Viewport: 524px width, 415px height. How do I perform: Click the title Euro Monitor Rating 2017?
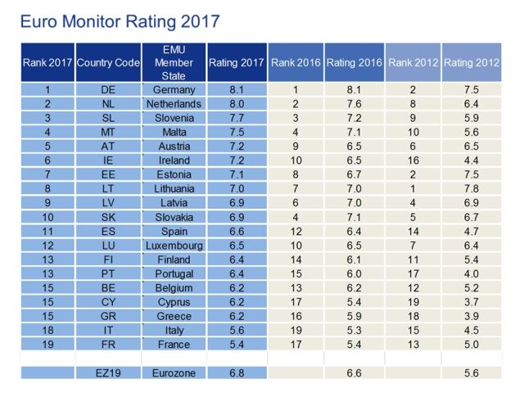(120, 18)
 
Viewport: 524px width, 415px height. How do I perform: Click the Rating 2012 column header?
(471, 63)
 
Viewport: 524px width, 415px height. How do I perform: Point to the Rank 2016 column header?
(296, 63)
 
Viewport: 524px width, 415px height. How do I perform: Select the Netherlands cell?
(174, 104)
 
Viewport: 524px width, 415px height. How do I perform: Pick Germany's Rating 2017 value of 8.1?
(236, 90)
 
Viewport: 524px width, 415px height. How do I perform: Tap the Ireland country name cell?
(174, 160)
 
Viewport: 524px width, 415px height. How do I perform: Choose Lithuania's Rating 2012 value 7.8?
(471, 188)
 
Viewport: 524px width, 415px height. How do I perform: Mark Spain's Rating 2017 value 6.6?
(236, 231)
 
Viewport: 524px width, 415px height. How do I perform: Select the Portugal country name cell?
(174, 273)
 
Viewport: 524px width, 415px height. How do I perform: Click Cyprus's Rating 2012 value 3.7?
(471, 301)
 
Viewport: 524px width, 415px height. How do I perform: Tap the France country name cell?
(174, 344)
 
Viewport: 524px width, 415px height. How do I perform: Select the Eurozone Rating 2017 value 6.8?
(236, 372)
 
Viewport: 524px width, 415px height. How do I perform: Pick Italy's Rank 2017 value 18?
(48, 330)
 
